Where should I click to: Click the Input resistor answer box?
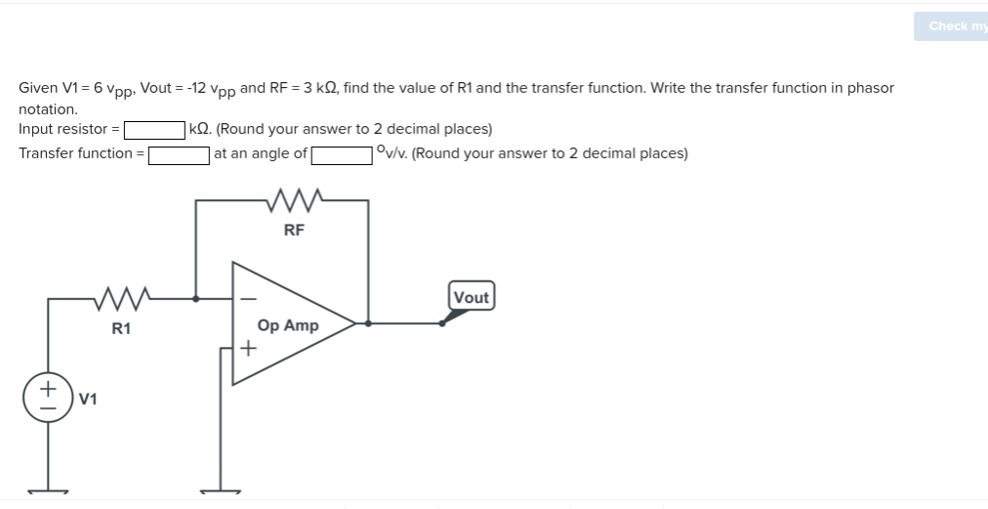(154, 130)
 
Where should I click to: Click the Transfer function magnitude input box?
(179, 154)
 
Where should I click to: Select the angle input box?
(341, 154)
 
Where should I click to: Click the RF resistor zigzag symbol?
(293, 201)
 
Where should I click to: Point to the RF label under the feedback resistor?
(293, 231)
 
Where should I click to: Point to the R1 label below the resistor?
(120, 328)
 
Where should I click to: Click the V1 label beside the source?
(88, 399)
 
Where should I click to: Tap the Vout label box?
(472, 297)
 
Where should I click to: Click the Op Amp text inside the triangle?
(287, 325)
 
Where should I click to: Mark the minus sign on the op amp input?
(248, 298)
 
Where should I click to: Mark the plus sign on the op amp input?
(248, 347)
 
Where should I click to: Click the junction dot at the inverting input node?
(196, 298)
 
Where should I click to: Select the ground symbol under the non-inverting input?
(221, 491)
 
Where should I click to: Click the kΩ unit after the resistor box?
(201, 129)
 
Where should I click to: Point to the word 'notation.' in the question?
(48, 109)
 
